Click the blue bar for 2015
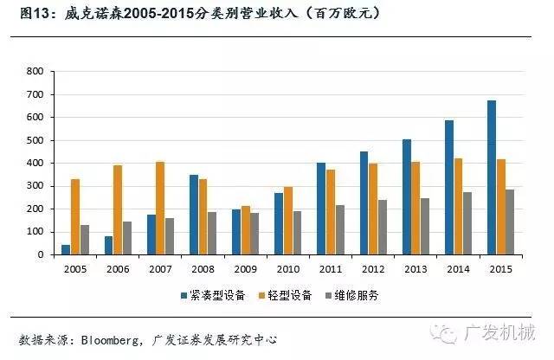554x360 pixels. coord(492,177)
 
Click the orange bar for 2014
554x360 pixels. coord(458,206)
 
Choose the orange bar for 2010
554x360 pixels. coord(288,221)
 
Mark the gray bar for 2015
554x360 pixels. coord(509,222)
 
